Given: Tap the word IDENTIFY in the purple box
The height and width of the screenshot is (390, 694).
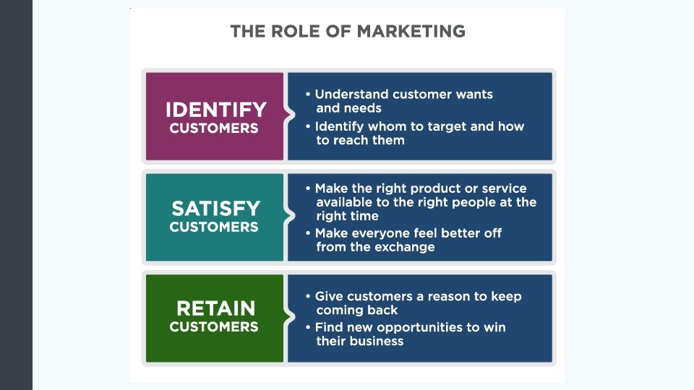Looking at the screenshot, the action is (x=215, y=110).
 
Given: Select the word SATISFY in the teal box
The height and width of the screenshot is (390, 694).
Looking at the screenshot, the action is (x=215, y=209).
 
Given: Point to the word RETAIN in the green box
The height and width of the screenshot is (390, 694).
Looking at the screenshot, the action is (x=215, y=308).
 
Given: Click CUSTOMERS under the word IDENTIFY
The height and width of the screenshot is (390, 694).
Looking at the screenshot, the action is (x=214, y=129).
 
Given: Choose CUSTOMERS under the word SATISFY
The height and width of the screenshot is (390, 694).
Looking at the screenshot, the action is (x=214, y=227).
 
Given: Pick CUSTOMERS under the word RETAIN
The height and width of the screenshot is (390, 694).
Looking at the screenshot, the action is (x=214, y=326).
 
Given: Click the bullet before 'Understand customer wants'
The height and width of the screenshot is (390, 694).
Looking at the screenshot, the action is (x=309, y=95).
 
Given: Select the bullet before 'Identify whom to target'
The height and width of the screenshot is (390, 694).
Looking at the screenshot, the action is (x=309, y=126).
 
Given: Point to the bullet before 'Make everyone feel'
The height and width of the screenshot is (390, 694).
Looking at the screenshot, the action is (x=309, y=233).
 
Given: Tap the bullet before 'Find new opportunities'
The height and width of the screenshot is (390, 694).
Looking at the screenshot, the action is (x=309, y=327).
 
